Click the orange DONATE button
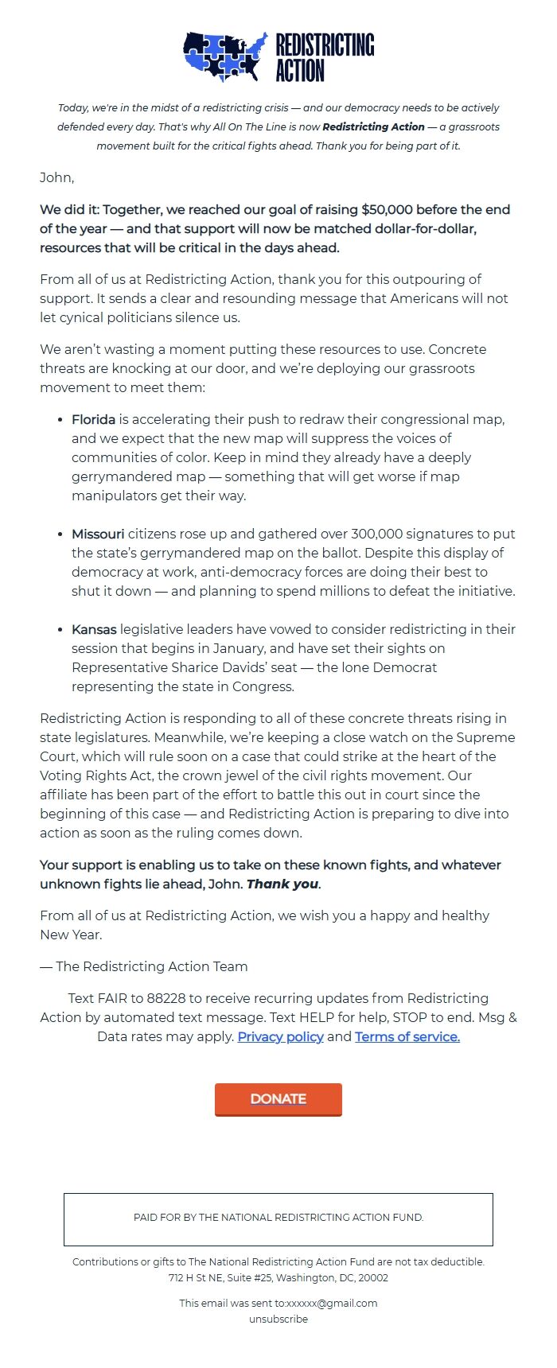[x=278, y=1099]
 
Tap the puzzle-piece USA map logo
[x=225, y=56]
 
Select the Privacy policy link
[x=280, y=1036]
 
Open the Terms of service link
[x=407, y=1036]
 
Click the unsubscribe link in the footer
[x=278, y=1319]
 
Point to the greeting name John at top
[x=56, y=177]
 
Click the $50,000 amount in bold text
[x=387, y=209]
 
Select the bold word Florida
[x=93, y=419]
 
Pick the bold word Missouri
[x=98, y=534]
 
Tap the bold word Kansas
[x=94, y=629]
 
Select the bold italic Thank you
[x=282, y=884]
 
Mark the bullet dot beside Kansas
[x=60, y=629]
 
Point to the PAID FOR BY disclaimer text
[x=278, y=1218]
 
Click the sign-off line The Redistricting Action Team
[x=151, y=966]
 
